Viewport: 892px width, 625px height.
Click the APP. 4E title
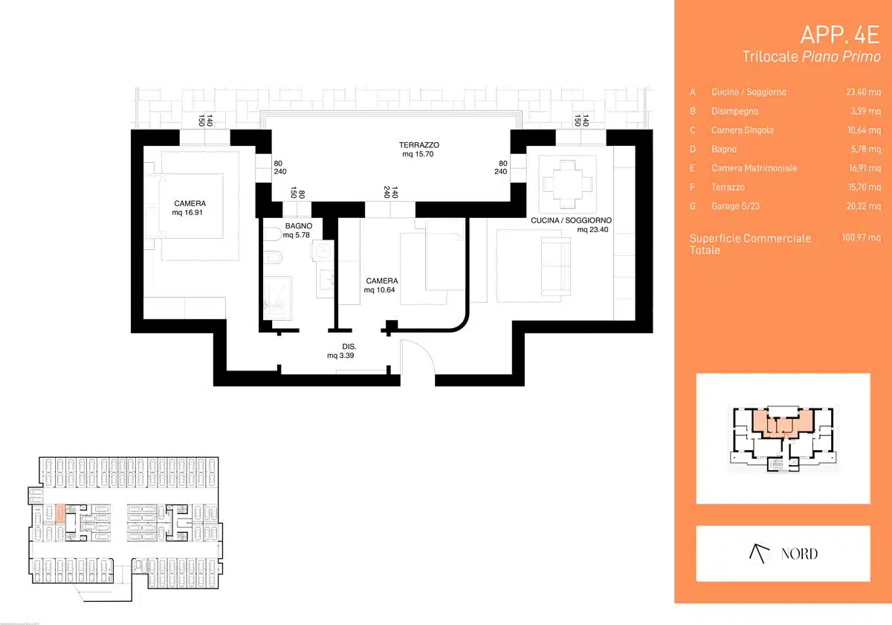coord(840,35)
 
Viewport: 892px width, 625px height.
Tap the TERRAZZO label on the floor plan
coord(419,144)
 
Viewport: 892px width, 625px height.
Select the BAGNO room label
coord(299,225)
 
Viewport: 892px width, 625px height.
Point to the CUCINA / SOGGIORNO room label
coord(571,220)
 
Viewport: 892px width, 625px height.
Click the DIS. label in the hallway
coord(349,347)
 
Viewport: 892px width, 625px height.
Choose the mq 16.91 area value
coord(187,213)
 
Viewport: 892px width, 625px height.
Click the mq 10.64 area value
coord(379,289)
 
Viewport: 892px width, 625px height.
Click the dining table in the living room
coord(567,185)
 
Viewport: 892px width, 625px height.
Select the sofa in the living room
coord(556,266)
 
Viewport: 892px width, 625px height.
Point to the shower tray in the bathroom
coord(277,298)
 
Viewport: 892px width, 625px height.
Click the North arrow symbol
coord(759,554)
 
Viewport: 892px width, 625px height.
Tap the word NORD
coord(799,554)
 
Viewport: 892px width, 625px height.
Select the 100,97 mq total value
coord(861,237)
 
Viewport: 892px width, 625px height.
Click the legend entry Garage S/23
coord(735,206)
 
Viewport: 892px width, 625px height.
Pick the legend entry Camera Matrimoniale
coord(754,168)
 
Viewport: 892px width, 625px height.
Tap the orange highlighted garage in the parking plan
coord(60,513)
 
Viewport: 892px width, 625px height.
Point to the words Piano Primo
coord(841,57)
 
